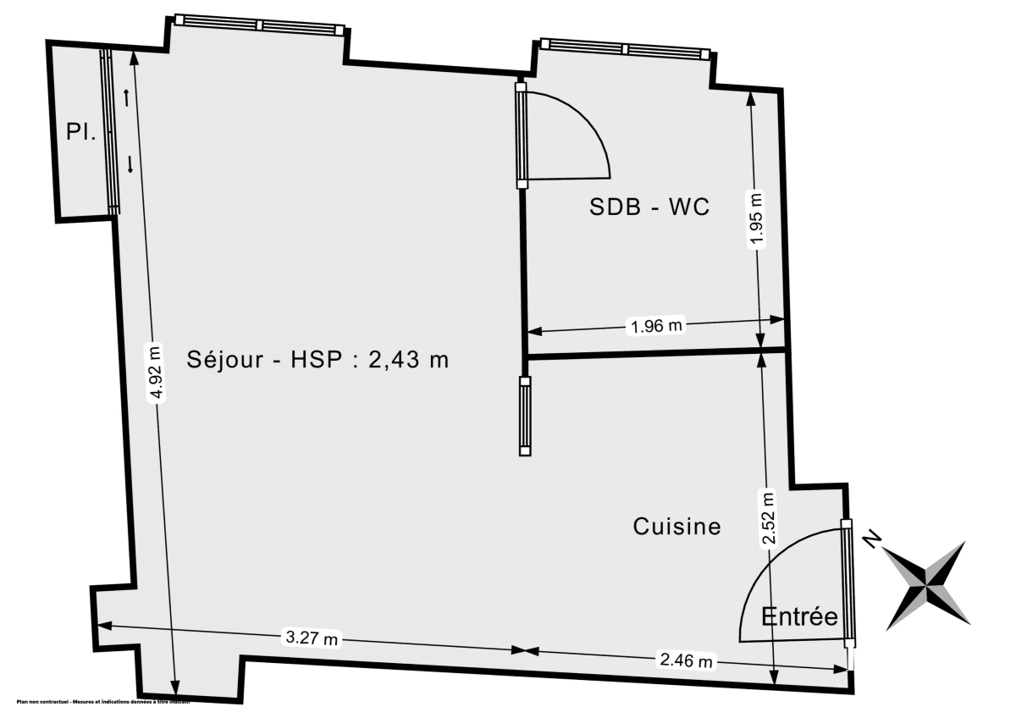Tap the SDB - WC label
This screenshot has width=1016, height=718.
[x=649, y=207]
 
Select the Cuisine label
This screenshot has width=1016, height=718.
[x=677, y=527]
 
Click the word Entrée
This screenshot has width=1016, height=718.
[x=799, y=616]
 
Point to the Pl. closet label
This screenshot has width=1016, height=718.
[x=81, y=132]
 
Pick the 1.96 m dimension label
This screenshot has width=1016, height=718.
[x=654, y=324]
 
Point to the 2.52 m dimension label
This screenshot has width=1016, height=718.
[x=768, y=518]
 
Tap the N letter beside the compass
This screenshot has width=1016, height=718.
[x=870, y=539]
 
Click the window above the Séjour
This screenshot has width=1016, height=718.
[x=259, y=25]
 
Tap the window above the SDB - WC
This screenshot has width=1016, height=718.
[x=623, y=49]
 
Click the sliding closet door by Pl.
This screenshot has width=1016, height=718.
[x=110, y=131]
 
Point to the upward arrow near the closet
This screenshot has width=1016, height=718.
[x=126, y=97]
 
